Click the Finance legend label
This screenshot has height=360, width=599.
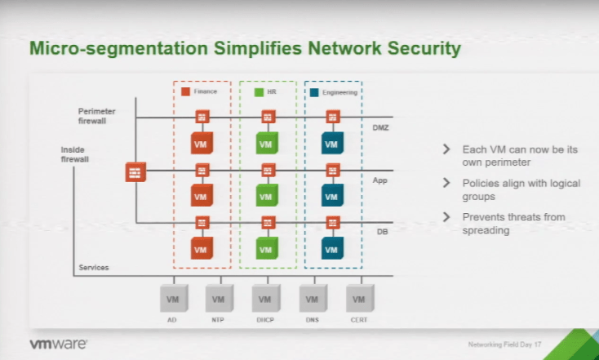pos(205,92)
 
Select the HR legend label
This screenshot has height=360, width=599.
pos(272,92)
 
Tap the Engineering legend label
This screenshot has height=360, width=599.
pos(339,92)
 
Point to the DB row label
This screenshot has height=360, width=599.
pos(381,232)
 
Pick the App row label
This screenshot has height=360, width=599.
pos(380,180)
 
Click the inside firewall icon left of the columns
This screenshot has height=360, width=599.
pos(135,172)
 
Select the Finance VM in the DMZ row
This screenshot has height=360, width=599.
pos(201,144)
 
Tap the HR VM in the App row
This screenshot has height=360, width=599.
pos(265,197)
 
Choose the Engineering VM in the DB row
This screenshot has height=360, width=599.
pos(331,248)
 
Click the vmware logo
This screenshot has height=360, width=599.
pos(59,344)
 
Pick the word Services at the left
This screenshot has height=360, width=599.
pos(94,268)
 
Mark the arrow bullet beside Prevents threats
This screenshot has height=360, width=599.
pos(446,216)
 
